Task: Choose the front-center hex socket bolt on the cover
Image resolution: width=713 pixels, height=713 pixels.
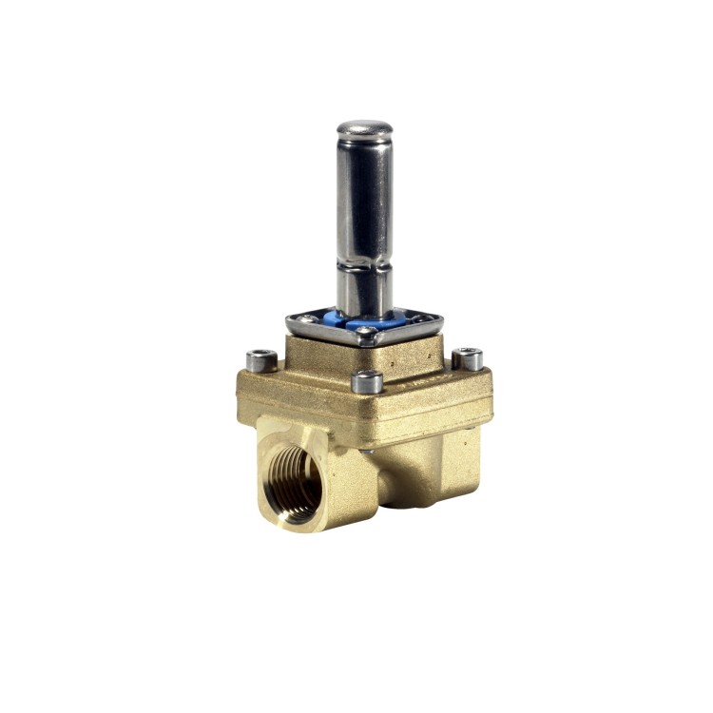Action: click(x=367, y=382)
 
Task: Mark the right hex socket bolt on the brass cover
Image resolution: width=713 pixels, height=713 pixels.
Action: click(x=467, y=358)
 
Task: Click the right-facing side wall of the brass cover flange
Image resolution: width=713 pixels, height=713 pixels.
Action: click(x=437, y=404)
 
